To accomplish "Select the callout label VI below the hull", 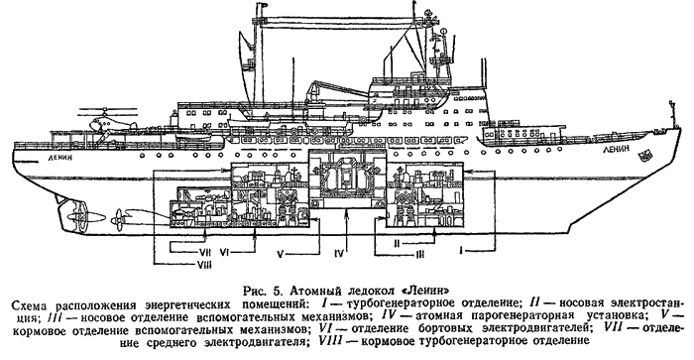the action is [x=224, y=252].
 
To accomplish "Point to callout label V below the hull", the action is [x=280, y=254].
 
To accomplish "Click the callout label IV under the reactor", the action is [x=339, y=254].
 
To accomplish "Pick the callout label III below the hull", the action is [x=419, y=254].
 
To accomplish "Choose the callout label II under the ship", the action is [x=397, y=243].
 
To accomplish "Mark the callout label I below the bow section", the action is [x=462, y=251].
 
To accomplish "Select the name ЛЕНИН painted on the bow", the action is [x=616, y=150].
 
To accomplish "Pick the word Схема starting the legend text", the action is [x=30, y=303].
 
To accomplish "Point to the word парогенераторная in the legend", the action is [x=519, y=316].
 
